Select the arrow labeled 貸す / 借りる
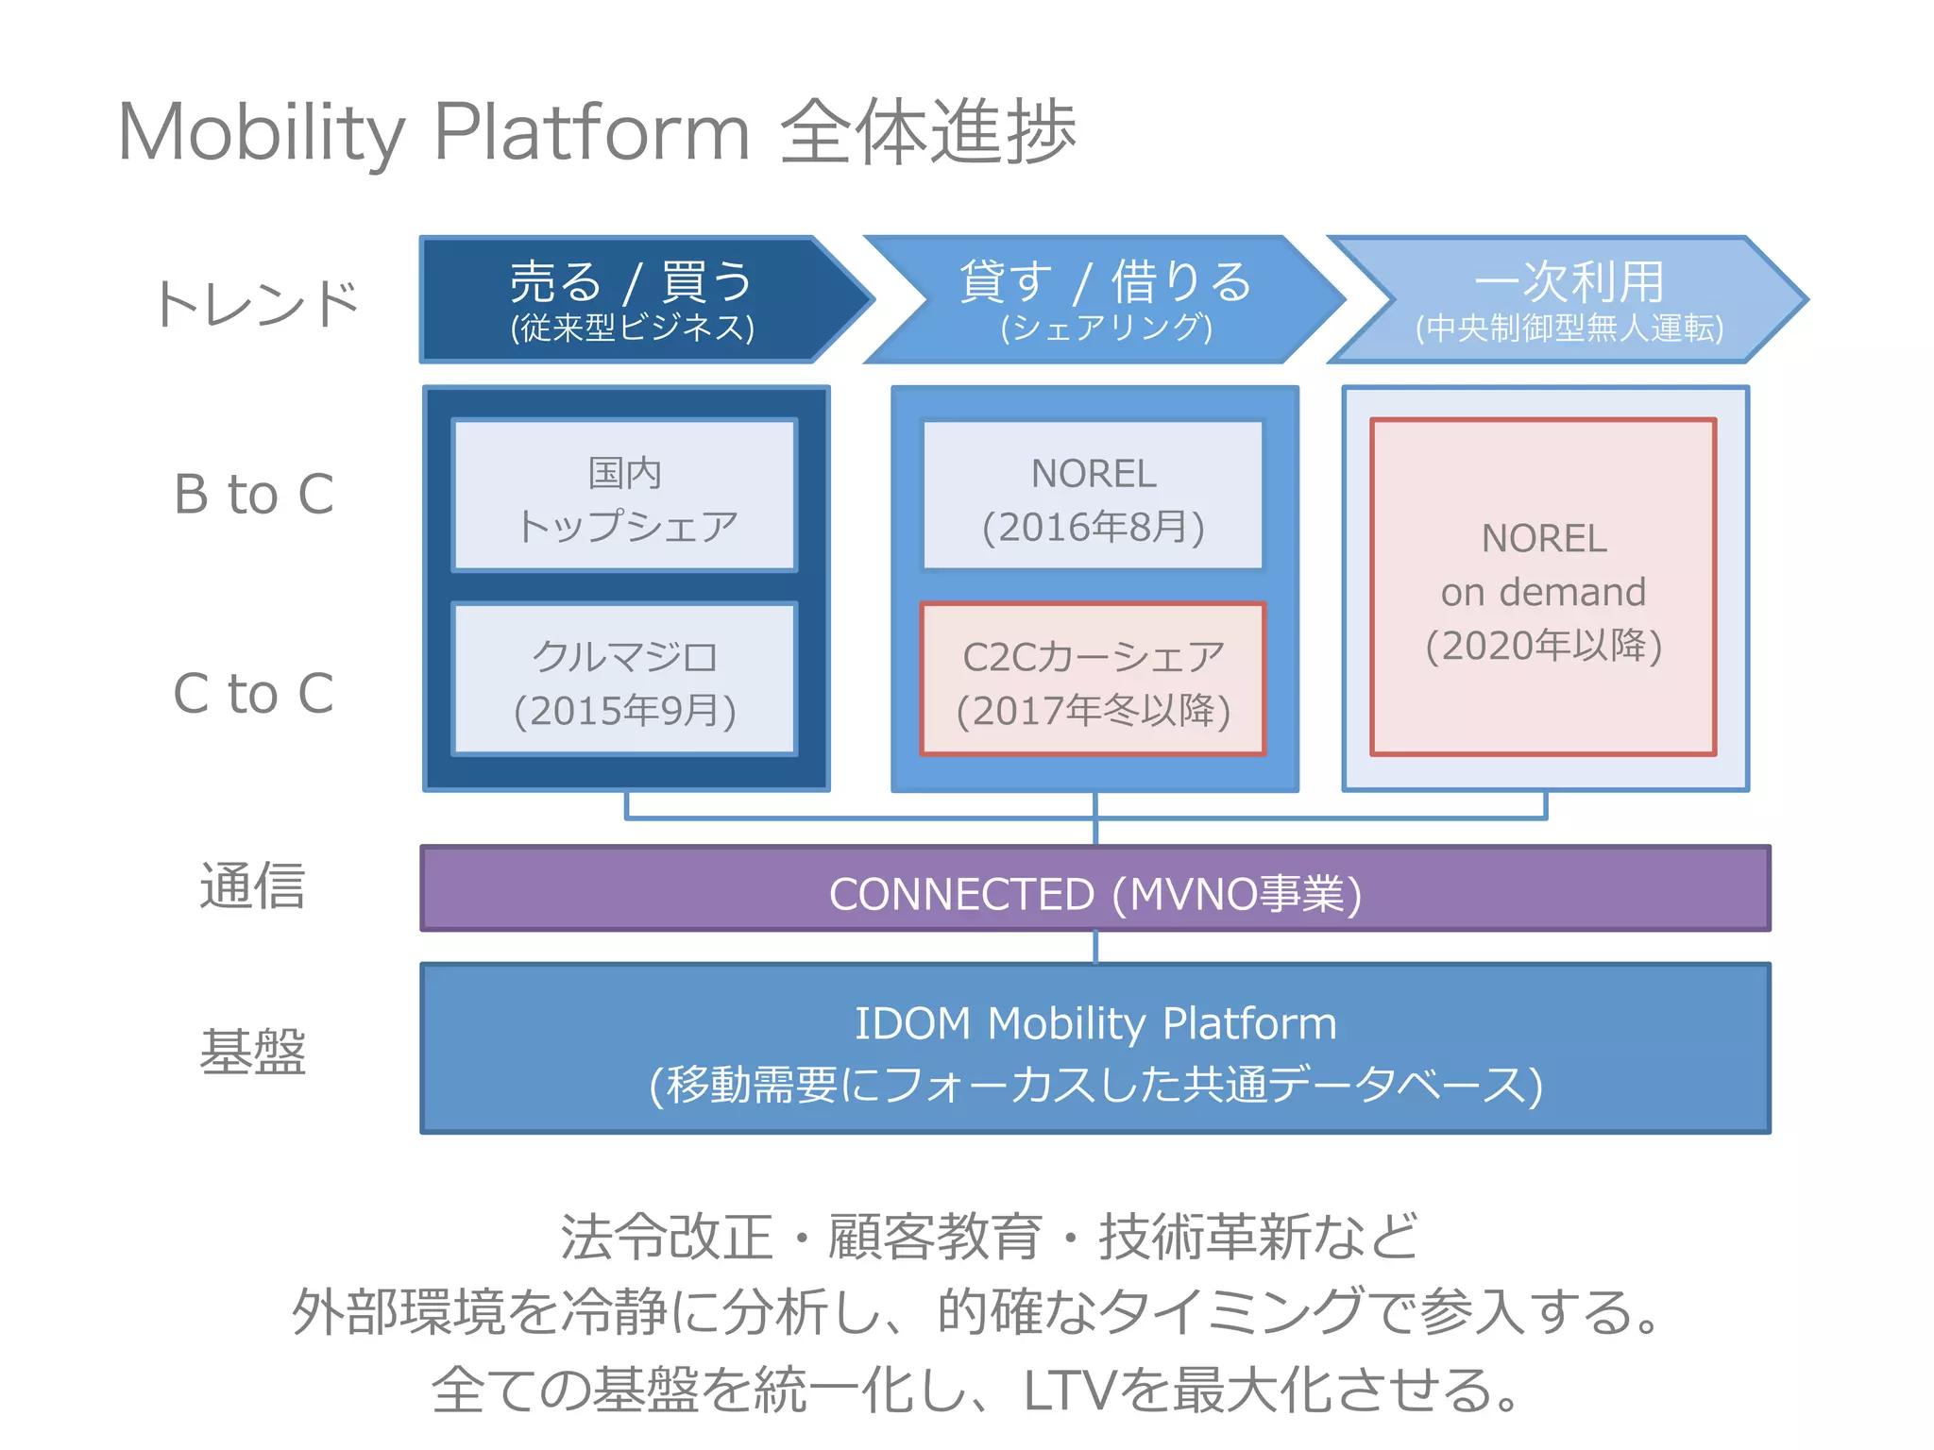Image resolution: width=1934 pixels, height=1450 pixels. click(x=1105, y=298)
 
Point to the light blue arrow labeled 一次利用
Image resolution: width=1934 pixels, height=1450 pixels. click(x=1568, y=298)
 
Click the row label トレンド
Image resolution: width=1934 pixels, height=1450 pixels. click(x=257, y=304)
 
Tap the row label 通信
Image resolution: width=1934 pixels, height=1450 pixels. click(x=252, y=885)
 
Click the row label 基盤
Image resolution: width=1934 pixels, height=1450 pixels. click(x=252, y=1051)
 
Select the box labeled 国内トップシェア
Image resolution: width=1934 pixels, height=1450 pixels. click(x=624, y=497)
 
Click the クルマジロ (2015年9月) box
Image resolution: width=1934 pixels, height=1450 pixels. click(x=624, y=680)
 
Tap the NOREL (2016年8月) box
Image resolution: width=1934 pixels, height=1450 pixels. click(x=1093, y=497)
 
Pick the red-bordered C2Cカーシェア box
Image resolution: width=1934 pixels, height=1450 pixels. click(x=1093, y=680)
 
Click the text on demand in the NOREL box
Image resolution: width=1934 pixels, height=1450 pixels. click(x=1543, y=592)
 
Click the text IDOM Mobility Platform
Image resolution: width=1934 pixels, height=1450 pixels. click(x=1094, y=1023)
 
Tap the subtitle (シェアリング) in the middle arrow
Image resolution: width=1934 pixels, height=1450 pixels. click(x=1106, y=328)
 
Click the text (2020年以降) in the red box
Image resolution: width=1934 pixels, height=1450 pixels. click(x=1543, y=646)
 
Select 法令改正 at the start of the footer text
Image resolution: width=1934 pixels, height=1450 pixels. click(x=667, y=1237)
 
